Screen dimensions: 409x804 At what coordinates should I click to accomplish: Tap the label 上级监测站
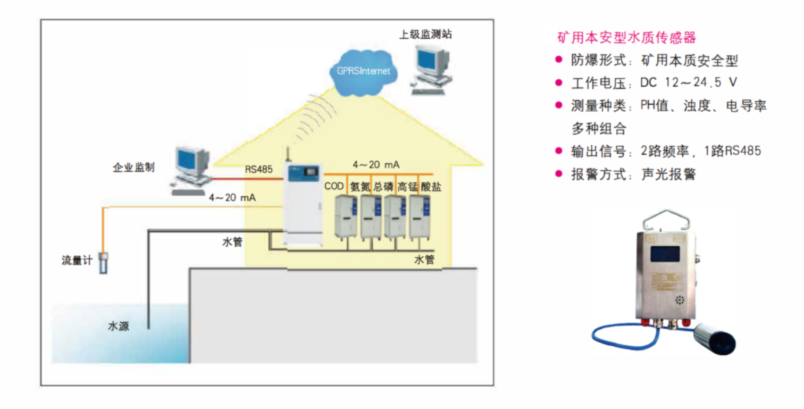pyautogui.click(x=425, y=35)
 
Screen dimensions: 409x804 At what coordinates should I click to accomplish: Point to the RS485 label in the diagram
pyautogui.click(x=258, y=170)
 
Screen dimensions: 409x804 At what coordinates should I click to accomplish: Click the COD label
pyautogui.click(x=334, y=187)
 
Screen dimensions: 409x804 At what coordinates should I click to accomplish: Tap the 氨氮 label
pyautogui.click(x=359, y=187)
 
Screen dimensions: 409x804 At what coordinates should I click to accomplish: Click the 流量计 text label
pyautogui.click(x=77, y=261)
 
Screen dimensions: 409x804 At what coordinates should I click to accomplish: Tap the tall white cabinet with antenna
pyautogui.click(x=303, y=204)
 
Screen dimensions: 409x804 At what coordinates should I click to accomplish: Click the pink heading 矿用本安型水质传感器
pyautogui.click(x=626, y=38)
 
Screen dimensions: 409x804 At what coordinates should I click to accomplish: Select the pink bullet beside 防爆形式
pyautogui.click(x=558, y=60)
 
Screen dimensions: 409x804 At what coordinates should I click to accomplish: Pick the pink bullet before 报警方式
pyautogui.click(x=558, y=173)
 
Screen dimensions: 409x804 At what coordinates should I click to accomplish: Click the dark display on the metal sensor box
pyautogui.click(x=664, y=253)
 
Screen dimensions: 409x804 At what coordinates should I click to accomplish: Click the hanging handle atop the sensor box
pyautogui.click(x=663, y=219)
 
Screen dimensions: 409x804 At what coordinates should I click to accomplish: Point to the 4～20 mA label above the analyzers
pyautogui.click(x=376, y=163)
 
